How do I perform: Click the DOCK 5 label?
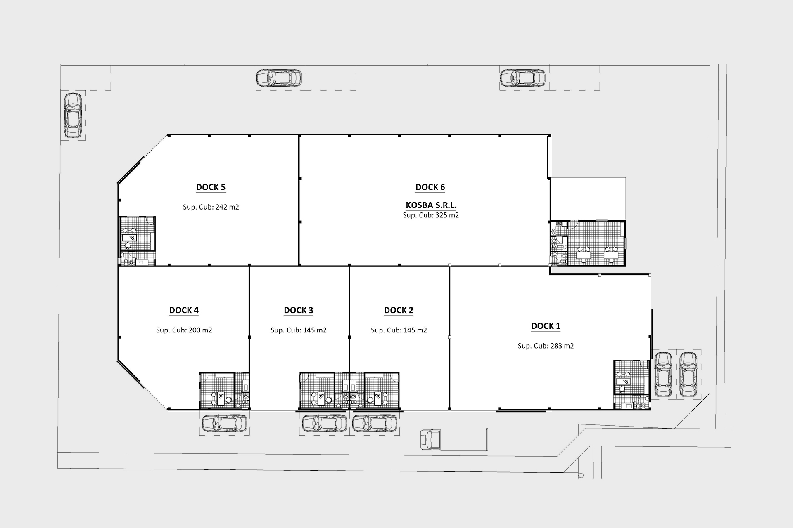211,187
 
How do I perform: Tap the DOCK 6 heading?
430,187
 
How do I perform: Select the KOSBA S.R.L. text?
431,205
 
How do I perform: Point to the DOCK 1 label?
546,326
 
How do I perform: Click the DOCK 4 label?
184,310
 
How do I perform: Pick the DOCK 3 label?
298,310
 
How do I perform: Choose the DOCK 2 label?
399,310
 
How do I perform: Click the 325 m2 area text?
447,215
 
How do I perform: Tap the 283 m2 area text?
562,346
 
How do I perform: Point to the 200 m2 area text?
200,330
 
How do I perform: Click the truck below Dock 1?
454,440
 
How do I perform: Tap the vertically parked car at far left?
73,115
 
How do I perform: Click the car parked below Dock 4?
224,423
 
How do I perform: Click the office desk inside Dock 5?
130,238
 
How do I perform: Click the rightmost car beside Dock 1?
688,374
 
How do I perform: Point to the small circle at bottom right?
581,476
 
